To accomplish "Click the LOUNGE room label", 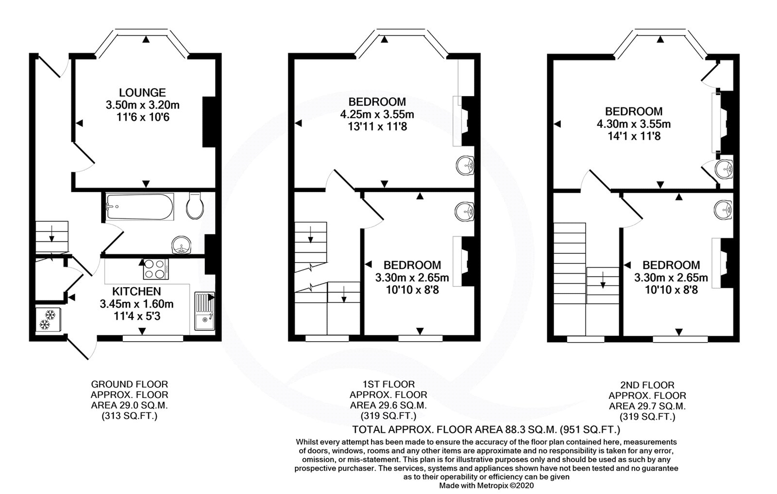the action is pos(142,93).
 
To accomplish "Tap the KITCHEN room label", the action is pos(136,291).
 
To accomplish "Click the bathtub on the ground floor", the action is pos(140,207).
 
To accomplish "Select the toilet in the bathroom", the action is pos(195,206).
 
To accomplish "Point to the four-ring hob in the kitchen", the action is pos(156,269).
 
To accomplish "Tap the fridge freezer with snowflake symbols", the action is pos(48,320).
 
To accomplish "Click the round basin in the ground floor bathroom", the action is pos(182,246).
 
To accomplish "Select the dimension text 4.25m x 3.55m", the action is pos(377,114).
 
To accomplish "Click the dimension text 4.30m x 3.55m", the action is pos(633,124).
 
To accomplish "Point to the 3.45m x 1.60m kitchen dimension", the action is pos(136,304).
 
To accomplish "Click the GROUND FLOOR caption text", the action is pos(129,384).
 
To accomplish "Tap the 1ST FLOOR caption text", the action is pos(388,384).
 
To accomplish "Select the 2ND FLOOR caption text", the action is pos(647,385).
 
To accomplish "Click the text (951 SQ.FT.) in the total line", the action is pos(590,430).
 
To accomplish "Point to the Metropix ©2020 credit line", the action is pos(486,486).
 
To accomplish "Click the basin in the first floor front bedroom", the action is pos(465,165).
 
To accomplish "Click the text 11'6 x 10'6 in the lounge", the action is pos(143,117).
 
